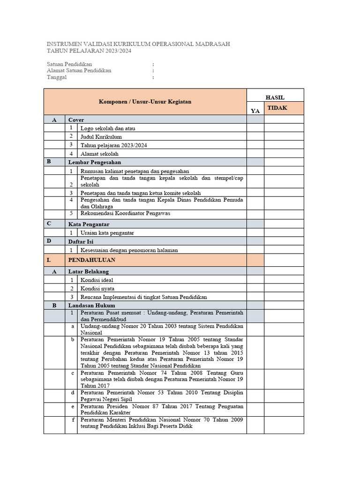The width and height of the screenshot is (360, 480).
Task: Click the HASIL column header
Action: (x=275, y=97)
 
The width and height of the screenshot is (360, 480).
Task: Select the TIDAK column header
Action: (x=277, y=108)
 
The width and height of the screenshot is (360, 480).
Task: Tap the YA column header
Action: (x=255, y=111)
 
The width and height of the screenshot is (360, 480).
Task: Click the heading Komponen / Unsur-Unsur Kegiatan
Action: (x=145, y=102)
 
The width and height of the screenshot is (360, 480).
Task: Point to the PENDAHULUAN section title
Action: (x=91, y=260)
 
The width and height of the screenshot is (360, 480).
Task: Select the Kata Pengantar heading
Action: (x=89, y=224)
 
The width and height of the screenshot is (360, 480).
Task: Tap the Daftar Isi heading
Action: (x=81, y=241)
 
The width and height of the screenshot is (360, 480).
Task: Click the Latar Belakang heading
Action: (x=88, y=271)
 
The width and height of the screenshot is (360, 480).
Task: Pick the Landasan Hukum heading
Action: (x=89, y=305)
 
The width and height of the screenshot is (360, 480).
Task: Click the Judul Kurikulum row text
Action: (x=101, y=137)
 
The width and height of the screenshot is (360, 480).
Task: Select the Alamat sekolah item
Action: (x=99, y=154)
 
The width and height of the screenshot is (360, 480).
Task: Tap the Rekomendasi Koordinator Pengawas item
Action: (x=125, y=213)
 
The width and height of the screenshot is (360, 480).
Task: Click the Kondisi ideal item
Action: (x=97, y=280)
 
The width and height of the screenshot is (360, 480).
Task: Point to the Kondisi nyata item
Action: (x=97, y=289)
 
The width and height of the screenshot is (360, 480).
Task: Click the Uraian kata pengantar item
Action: (x=110, y=233)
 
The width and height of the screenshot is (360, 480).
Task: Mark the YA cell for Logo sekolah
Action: (x=255, y=128)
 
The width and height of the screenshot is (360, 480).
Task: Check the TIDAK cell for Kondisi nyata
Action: (x=284, y=289)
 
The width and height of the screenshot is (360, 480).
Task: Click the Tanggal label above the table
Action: (x=57, y=78)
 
